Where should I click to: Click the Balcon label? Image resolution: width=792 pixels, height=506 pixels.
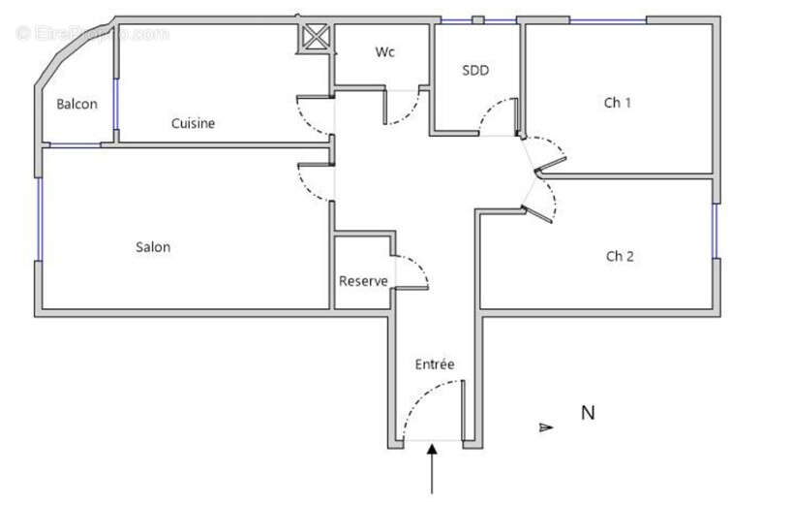76,105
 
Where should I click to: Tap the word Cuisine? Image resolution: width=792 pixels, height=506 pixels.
193,123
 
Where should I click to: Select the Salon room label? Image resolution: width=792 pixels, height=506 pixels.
153,247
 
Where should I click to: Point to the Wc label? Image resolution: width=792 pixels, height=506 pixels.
385,52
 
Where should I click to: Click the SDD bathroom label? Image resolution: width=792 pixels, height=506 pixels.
475,70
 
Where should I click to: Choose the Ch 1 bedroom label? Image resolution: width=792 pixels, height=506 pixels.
618,102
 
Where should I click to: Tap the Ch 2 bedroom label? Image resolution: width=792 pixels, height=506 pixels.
620,257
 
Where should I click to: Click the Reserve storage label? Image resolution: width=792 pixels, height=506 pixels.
363,281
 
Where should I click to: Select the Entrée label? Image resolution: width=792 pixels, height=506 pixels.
435,364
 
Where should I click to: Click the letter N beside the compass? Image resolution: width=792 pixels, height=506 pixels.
587,413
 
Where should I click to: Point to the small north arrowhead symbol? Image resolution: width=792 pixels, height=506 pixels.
547,426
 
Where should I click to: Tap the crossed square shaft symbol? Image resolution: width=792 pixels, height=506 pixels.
316,38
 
